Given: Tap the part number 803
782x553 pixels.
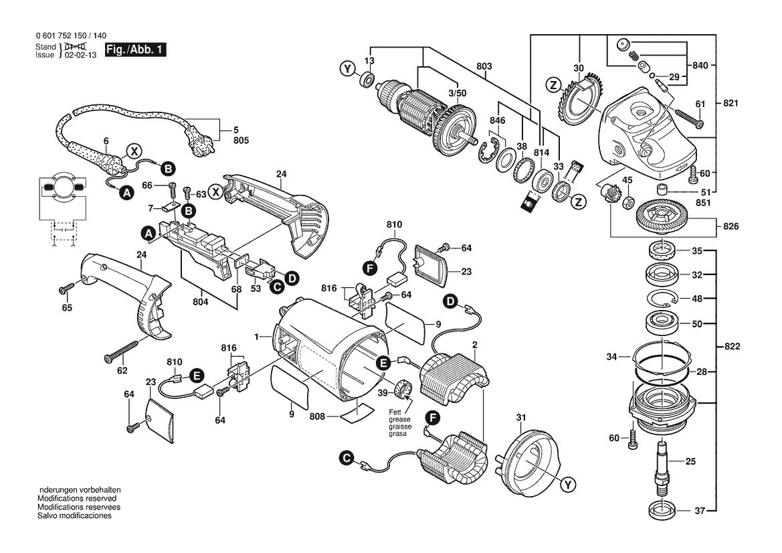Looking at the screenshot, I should pos(484,66).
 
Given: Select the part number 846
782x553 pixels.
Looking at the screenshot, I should pos(496,121).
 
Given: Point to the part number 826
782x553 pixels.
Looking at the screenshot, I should pos(730,227).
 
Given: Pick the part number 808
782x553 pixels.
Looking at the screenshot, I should pos(318,416).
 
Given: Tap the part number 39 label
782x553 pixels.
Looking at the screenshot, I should pos(382,392).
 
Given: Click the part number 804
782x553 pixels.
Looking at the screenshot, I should pos(199,301).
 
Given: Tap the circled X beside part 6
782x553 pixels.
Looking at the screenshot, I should pos(134,151).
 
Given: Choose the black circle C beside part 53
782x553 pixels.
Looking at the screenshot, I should pos(275,287).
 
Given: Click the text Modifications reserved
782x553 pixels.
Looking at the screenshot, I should pos(77,499).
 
